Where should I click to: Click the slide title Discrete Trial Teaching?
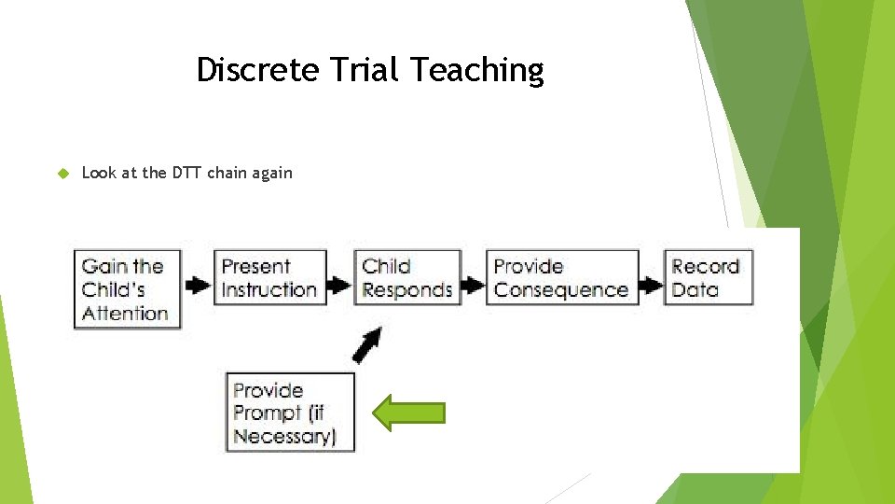coord(370,70)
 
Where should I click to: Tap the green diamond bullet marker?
coord(63,173)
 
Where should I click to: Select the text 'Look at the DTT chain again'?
coord(186,173)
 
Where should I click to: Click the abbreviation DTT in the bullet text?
coord(187,173)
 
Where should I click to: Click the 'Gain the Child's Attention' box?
coord(125,289)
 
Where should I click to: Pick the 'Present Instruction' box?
coord(268,278)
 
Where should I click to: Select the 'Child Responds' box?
coord(406,278)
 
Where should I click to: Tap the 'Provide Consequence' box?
coord(561,278)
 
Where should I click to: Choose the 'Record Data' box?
coord(706,278)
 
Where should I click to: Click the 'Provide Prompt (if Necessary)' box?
coord(290,413)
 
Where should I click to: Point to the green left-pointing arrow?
coord(408,413)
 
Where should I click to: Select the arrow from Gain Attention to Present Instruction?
coord(197,284)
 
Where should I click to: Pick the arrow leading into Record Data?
coord(650,284)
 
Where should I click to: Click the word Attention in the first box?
coord(125,313)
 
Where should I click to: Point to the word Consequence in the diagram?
coord(561,290)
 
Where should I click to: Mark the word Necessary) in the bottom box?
coord(284,436)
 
